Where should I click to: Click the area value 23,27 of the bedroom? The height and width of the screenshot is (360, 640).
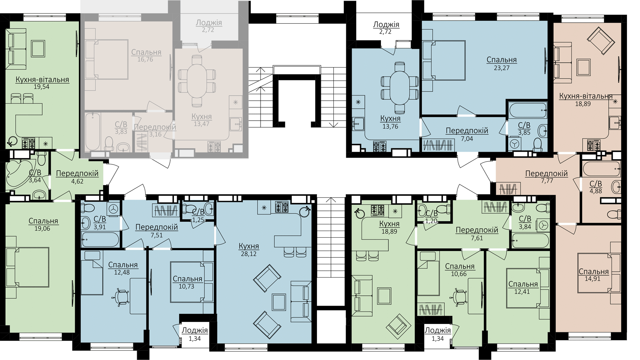pyautogui.click(x=502, y=68)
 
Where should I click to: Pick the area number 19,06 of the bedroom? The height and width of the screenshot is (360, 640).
pyautogui.click(x=42, y=229)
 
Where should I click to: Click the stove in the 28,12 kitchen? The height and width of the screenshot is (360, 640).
pyautogui.click(x=282, y=208)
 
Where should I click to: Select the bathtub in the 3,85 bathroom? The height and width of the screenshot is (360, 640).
pyautogui.click(x=527, y=111)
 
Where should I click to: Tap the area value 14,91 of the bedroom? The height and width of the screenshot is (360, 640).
pyautogui.click(x=592, y=279)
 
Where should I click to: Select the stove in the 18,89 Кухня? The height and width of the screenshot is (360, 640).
pyautogui.click(x=377, y=211)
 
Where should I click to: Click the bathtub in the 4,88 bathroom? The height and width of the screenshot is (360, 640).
pyautogui.click(x=602, y=169)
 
